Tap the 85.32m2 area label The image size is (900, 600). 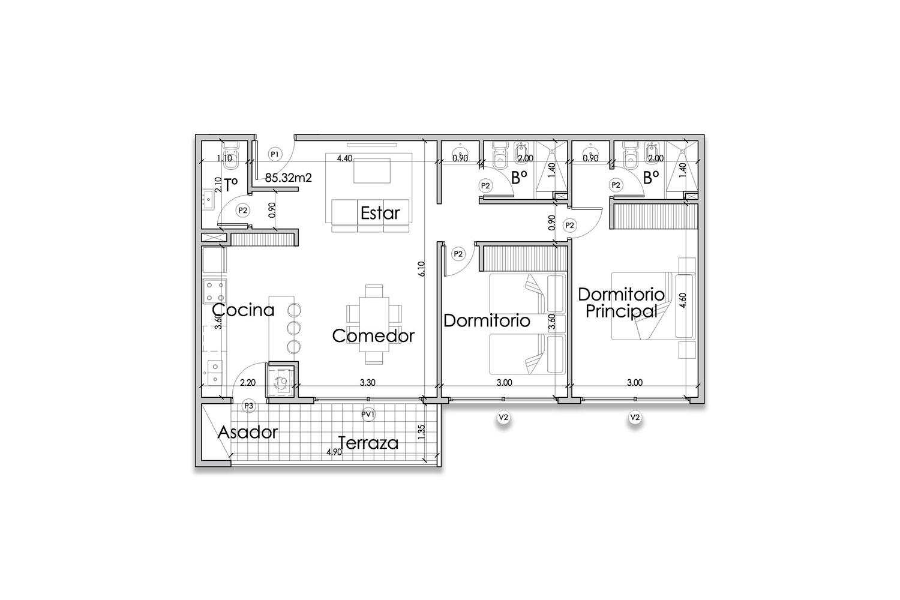click(289, 178)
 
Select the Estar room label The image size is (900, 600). click(380, 213)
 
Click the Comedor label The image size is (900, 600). click(373, 335)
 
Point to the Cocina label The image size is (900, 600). click(244, 310)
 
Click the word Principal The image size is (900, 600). click(621, 311)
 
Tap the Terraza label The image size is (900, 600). click(368, 443)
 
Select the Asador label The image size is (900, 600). click(248, 433)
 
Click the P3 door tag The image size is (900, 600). click(249, 406)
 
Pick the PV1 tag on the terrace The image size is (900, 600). click(368, 415)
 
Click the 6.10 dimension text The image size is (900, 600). click(421, 269)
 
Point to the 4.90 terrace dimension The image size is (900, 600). click(334, 452)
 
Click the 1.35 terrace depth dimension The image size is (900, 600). click(421, 433)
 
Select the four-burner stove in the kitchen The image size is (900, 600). click(215, 291)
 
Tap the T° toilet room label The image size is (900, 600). click(231, 185)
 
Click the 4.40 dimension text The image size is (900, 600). click(344, 158)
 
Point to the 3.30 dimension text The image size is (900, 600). click(368, 383)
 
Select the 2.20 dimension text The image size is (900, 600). click(247, 383)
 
